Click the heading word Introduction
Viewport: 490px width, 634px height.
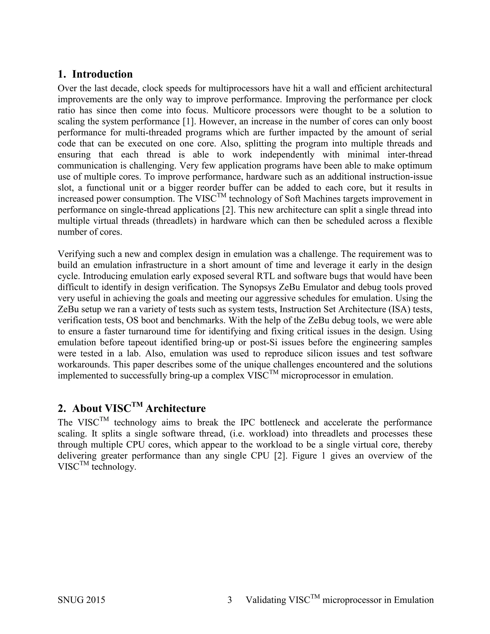102,74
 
